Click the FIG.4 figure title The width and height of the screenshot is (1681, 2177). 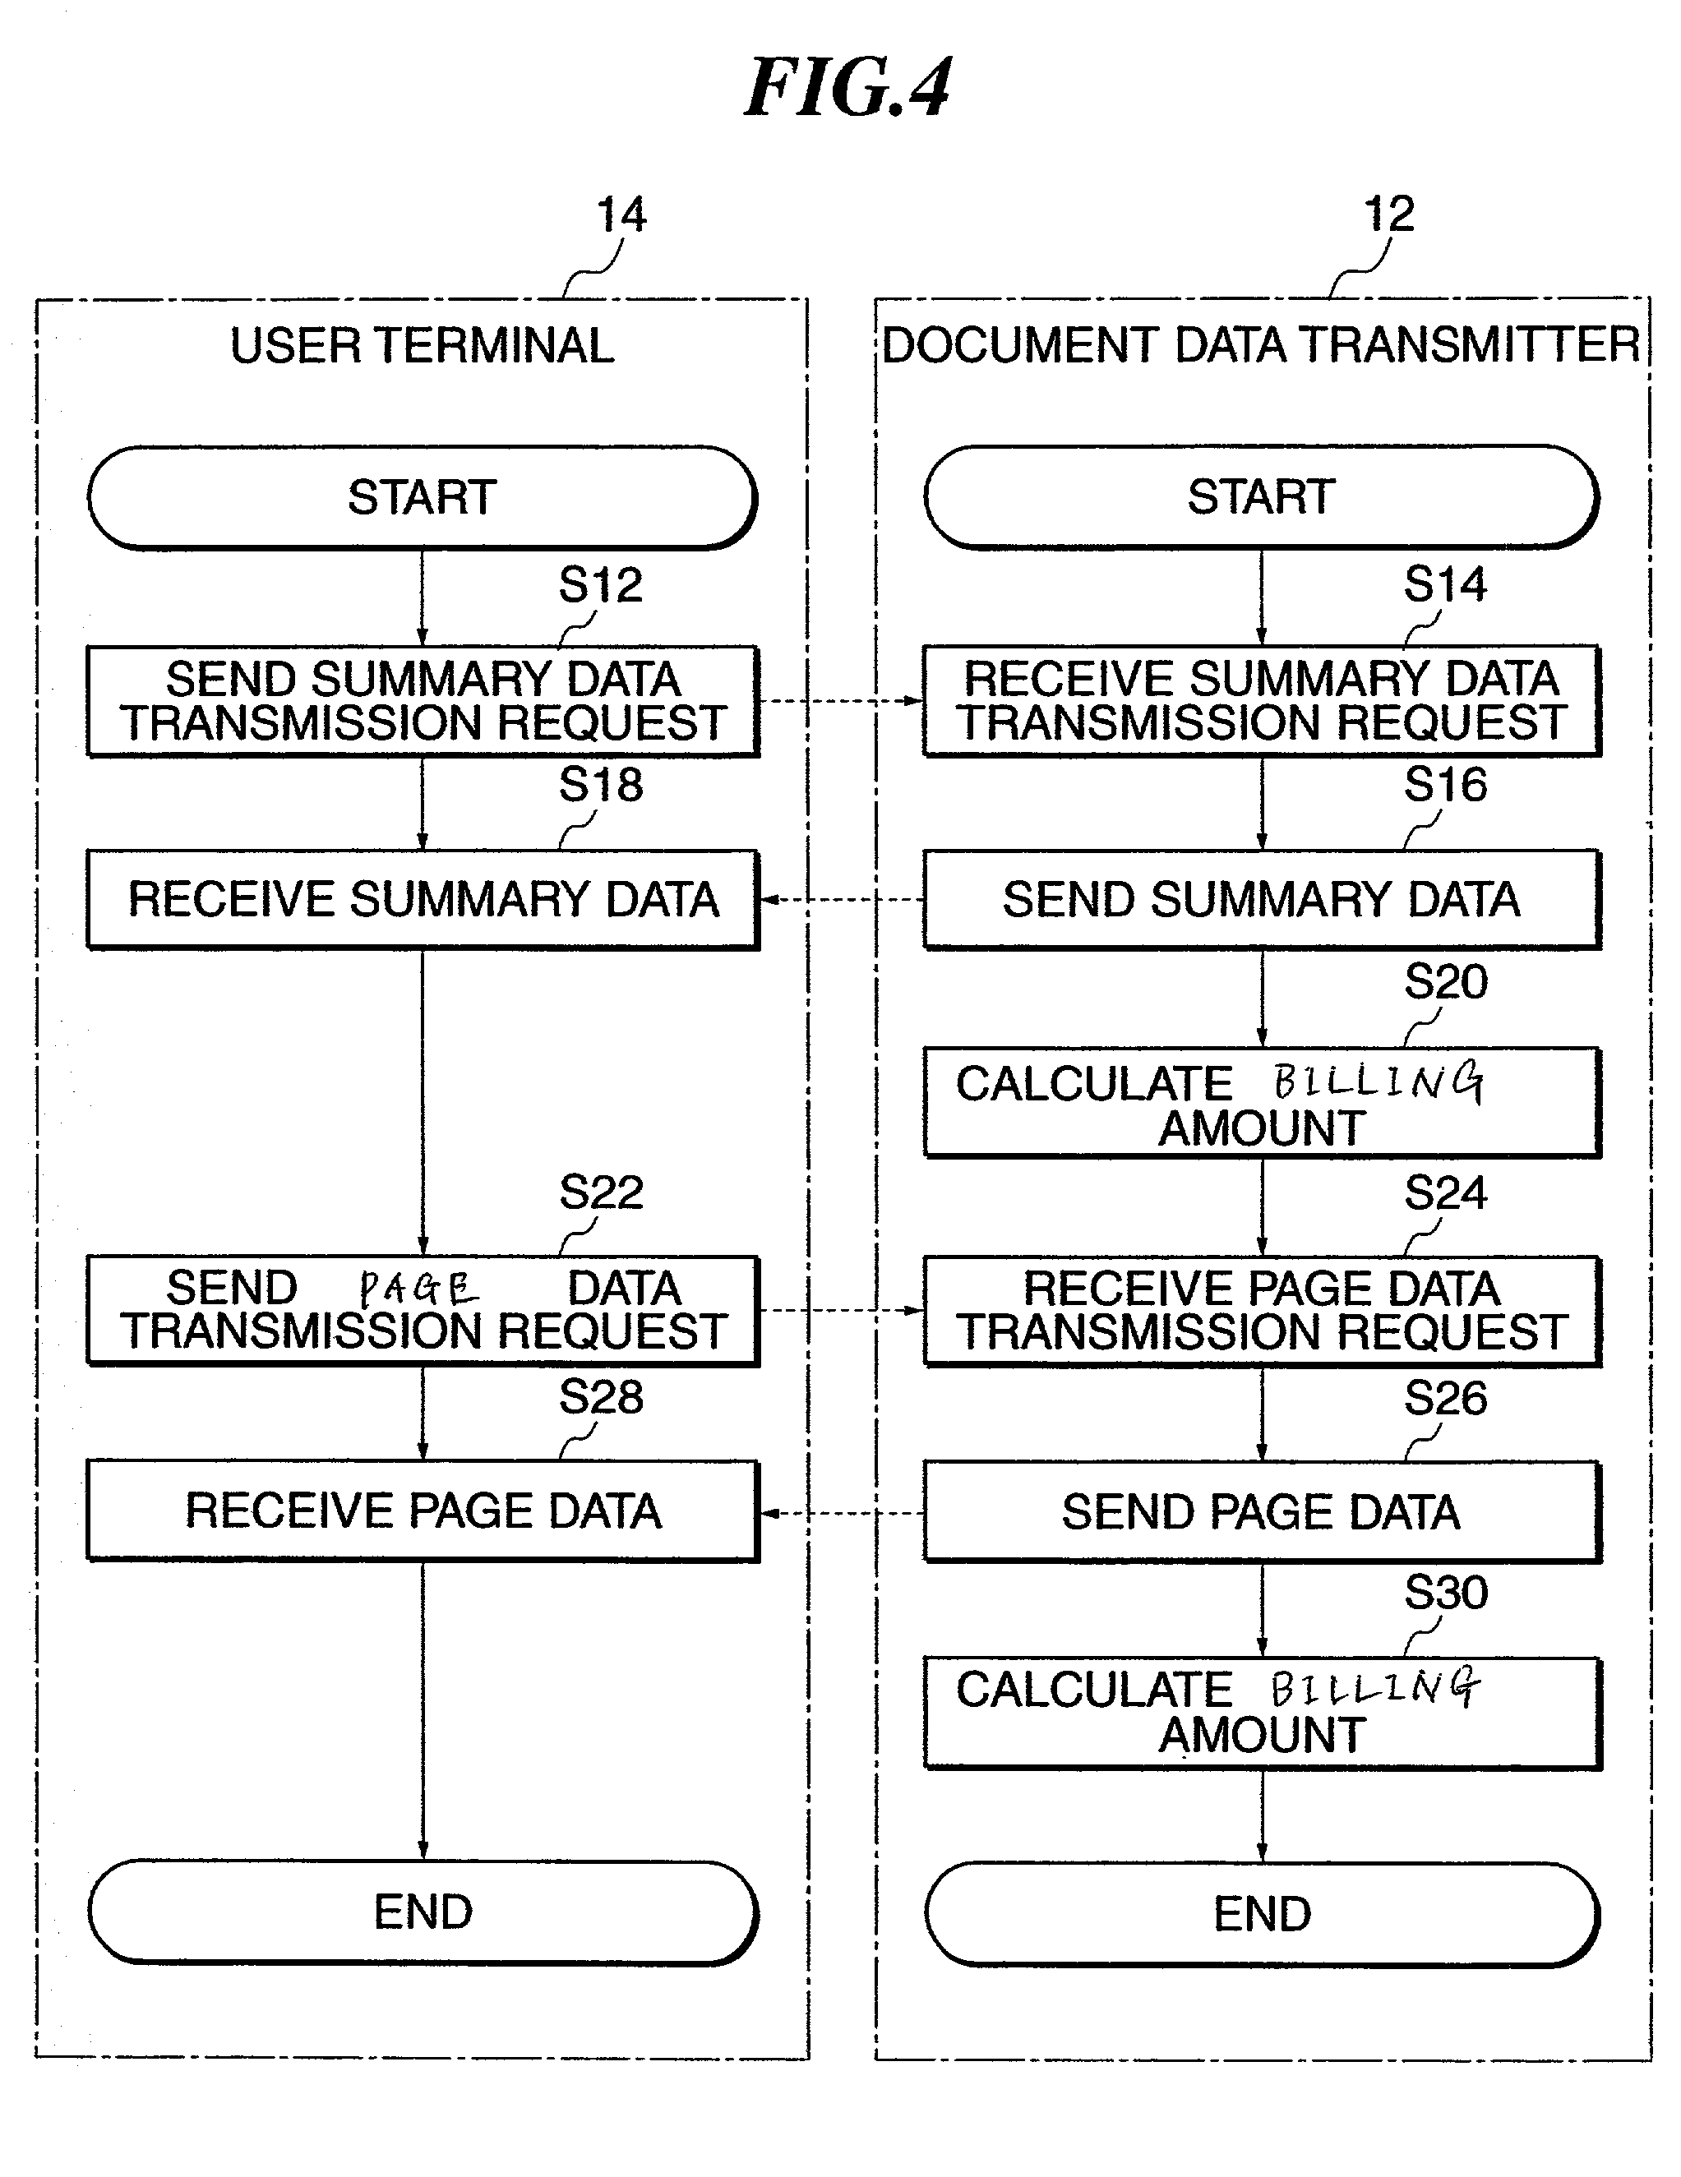847,89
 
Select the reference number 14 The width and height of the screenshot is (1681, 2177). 621,214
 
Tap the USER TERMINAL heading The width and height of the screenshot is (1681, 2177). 422,346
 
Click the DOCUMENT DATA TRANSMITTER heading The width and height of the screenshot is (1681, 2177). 1261,345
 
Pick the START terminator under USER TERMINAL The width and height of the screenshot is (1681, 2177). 422,497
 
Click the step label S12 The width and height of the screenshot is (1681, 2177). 600,584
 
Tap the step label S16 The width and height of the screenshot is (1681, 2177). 1446,785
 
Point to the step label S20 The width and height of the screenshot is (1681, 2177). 1446,982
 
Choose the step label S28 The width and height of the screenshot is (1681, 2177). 600,1396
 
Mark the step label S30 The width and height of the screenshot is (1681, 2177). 1446,1592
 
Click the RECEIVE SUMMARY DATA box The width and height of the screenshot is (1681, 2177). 423,899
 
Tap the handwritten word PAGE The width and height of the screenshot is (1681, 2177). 418,1289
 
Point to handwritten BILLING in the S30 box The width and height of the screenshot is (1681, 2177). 1375,1687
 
